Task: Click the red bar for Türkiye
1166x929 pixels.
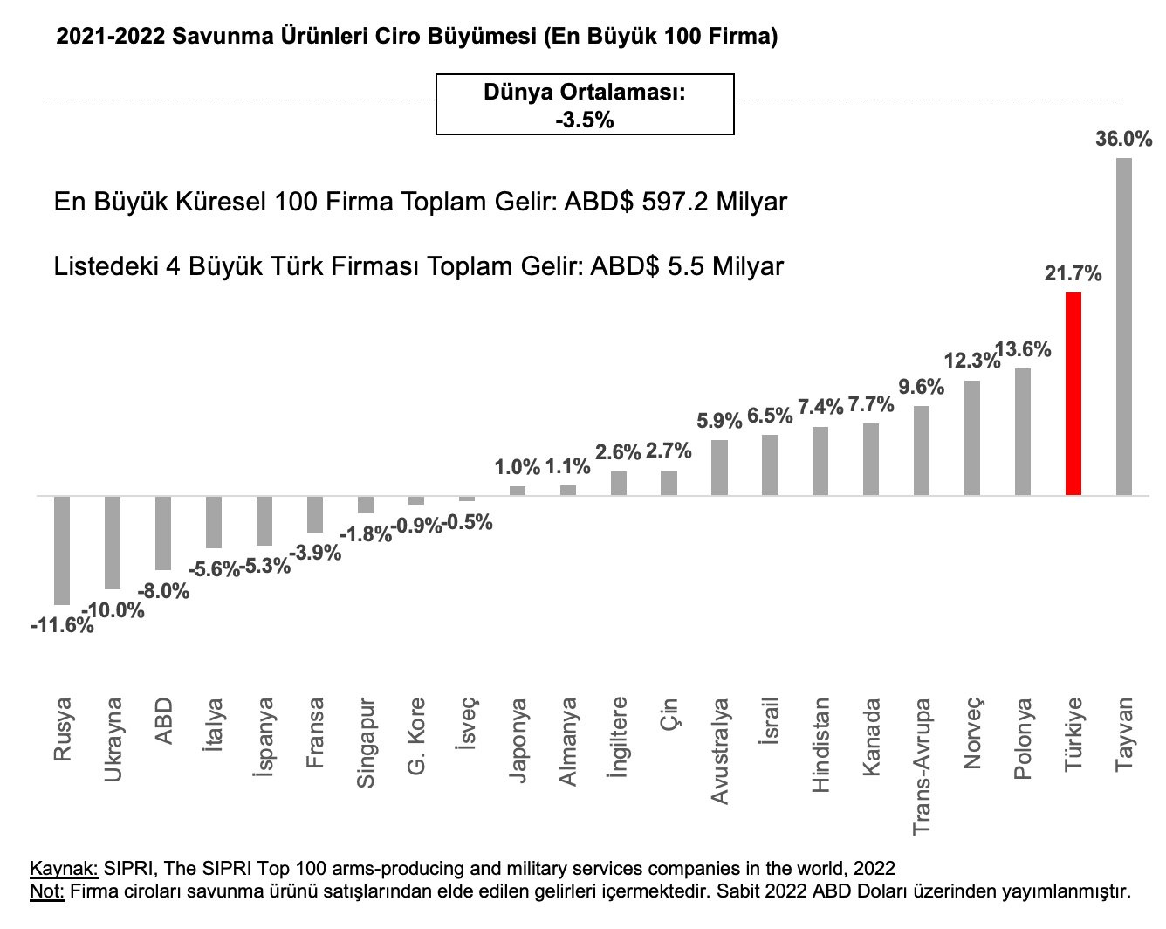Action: (1073, 394)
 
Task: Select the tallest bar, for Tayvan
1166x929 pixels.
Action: (1124, 327)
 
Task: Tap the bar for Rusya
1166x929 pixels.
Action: (62, 550)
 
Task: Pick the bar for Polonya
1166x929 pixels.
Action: (1023, 431)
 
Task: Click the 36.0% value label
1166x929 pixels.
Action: (1124, 139)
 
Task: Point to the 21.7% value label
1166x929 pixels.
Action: (1073, 274)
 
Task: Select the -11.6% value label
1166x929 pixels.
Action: (61, 626)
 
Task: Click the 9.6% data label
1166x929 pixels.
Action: (922, 387)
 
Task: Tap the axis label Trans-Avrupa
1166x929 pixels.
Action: (922, 766)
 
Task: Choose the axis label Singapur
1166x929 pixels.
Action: (366, 742)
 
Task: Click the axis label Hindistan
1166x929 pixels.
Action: (820, 744)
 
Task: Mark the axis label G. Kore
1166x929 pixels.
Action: (416, 735)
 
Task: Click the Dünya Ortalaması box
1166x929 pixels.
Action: (585, 105)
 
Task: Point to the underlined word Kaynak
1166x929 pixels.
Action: (64, 869)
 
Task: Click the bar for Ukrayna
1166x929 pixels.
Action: (113, 542)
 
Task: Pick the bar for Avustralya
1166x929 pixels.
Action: (719, 467)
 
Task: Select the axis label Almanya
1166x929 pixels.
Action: (568, 740)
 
